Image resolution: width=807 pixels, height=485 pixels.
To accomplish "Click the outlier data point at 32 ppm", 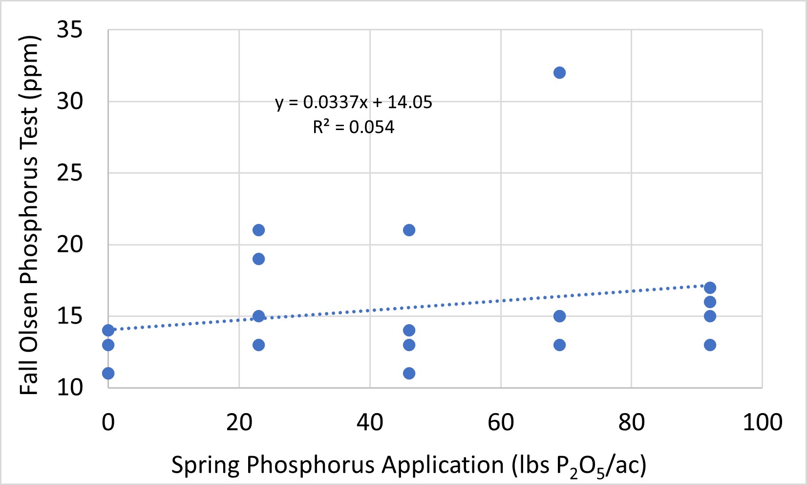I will (559, 73).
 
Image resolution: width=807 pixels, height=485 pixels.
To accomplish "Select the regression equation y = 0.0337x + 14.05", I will (354, 102).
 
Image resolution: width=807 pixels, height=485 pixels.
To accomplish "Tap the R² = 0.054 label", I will (354, 127).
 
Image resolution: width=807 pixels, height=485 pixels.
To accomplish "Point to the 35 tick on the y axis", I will (70, 30).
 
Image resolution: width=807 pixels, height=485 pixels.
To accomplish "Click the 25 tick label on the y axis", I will (70, 173).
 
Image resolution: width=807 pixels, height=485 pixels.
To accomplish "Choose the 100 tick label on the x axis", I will (762, 422).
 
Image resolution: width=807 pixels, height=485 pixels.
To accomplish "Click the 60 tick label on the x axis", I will (501, 422).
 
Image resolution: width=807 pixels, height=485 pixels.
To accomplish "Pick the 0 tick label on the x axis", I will (108, 422).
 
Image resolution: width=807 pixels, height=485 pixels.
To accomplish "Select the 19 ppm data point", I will (258, 259).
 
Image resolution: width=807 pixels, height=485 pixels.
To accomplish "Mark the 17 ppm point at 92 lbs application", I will (710, 287).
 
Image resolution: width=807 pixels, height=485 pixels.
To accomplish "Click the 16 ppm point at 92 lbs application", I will (710, 302).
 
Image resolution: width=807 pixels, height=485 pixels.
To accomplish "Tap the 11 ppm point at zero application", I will (108, 374).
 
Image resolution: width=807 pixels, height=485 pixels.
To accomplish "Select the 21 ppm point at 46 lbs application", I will (409, 230).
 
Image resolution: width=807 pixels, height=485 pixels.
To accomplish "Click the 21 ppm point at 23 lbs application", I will (258, 230).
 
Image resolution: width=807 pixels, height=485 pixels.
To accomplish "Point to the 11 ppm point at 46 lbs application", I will (409, 374).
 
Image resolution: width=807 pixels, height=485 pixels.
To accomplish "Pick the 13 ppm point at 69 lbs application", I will (559, 345).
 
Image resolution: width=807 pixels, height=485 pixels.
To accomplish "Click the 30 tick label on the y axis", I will (70, 102).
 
